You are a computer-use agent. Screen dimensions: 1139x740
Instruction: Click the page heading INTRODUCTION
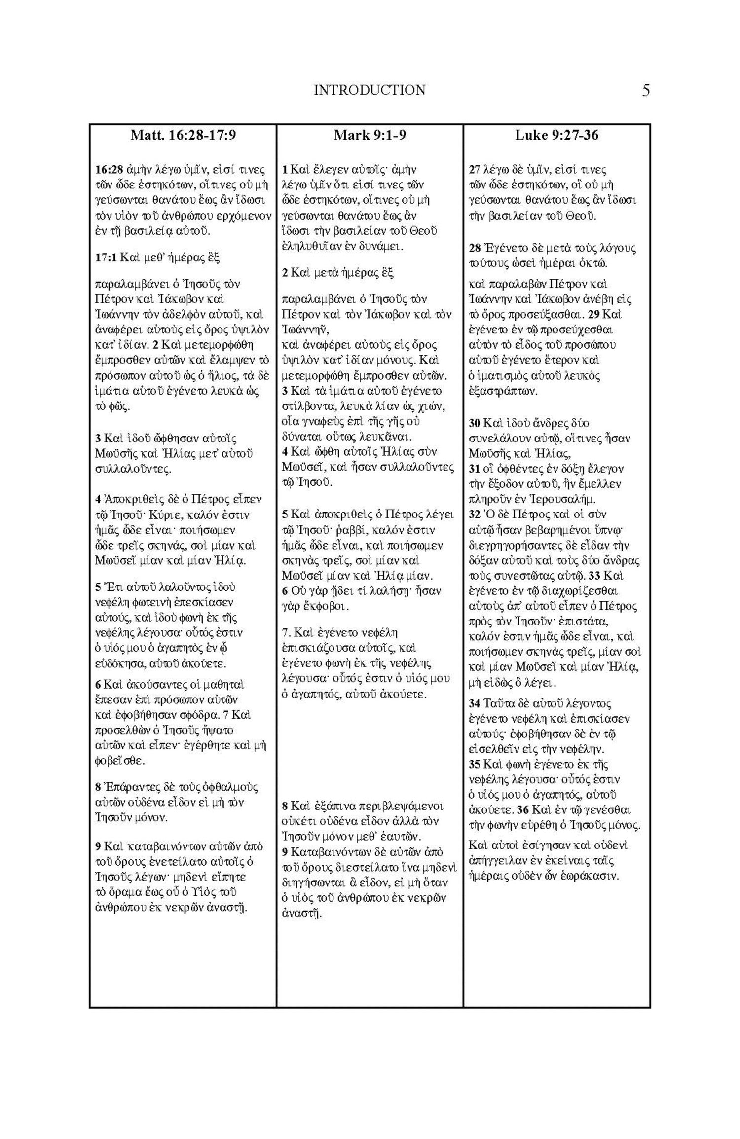pyautogui.click(x=370, y=90)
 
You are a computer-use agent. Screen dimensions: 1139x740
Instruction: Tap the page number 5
pyautogui.click(x=646, y=91)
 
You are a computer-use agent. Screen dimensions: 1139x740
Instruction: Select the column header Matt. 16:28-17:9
pyautogui.click(x=183, y=135)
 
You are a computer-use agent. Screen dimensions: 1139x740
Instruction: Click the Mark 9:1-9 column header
pyautogui.click(x=370, y=135)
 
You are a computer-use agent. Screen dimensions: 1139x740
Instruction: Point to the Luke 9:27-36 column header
pyautogui.click(x=556, y=135)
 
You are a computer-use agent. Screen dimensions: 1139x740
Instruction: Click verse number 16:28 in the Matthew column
pyautogui.click(x=108, y=170)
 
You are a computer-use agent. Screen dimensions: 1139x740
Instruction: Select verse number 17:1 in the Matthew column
pyautogui.click(x=107, y=257)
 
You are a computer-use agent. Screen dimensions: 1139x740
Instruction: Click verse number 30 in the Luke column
pyautogui.click(x=474, y=424)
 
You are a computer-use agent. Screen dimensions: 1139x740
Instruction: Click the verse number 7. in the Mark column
pyautogui.click(x=286, y=633)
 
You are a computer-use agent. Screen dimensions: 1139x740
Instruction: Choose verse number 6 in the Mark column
pyautogui.click(x=285, y=591)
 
